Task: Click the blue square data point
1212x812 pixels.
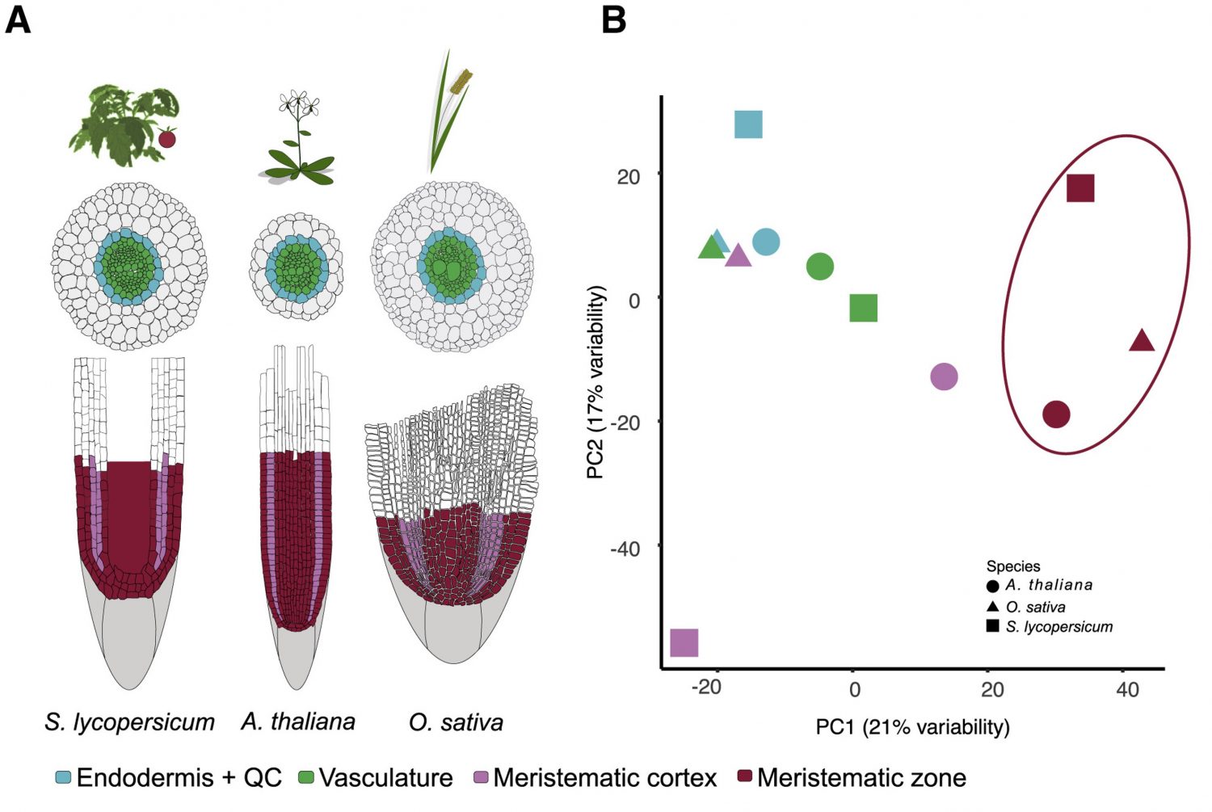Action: tap(748, 124)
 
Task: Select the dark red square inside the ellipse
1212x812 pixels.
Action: tap(1080, 187)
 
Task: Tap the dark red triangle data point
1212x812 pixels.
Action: tap(1141, 341)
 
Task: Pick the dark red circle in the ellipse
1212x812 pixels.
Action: tap(1056, 414)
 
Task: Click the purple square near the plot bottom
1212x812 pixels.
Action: tap(684, 642)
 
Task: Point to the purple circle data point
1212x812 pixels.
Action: tap(944, 376)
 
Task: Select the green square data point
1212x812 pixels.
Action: tap(864, 308)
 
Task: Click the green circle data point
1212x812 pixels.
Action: tap(820, 266)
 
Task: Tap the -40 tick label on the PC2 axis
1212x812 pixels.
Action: tap(625, 549)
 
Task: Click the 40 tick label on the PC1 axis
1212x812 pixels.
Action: tap(1127, 689)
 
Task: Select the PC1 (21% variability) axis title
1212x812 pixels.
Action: tap(912, 727)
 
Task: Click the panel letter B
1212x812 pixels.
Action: tap(614, 19)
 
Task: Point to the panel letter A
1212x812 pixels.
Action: tap(18, 19)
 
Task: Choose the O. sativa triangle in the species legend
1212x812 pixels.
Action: tap(992, 606)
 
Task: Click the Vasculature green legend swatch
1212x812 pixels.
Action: tap(306, 778)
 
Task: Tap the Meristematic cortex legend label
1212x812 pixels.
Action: tap(604, 778)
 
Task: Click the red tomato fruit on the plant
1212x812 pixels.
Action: tap(166, 138)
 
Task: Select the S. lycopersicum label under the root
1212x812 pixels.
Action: tap(129, 722)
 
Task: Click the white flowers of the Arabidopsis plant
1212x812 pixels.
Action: tap(299, 103)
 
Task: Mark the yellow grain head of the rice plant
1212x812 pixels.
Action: tap(462, 81)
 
